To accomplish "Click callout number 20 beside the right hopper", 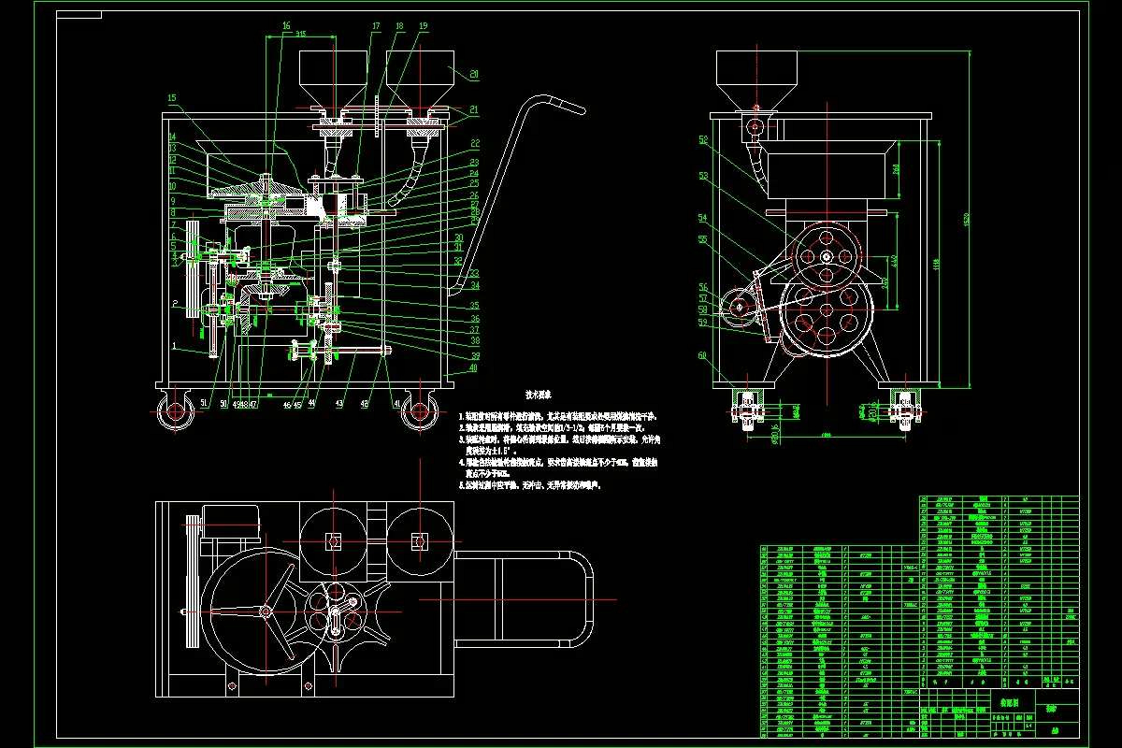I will [x=474, y=73].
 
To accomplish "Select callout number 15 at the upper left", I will [x=172, y=97].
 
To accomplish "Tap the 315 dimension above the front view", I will [x=300, y=34].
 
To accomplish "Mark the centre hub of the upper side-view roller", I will [x=827, y=258].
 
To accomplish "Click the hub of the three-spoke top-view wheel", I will [x=266, y=611].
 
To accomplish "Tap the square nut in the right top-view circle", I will [x=418, y=540].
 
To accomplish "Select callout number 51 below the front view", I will [x=205, y=402].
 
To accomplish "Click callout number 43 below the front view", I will [x=338, y=403].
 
